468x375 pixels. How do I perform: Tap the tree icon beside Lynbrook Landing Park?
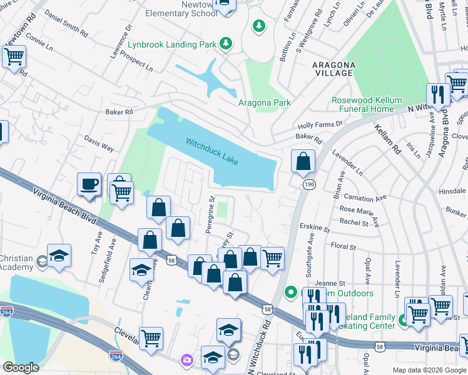(225, 44)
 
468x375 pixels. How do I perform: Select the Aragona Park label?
(265, 103)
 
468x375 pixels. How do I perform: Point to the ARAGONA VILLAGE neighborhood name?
(334, 69)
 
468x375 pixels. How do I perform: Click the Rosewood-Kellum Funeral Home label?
(372, 104)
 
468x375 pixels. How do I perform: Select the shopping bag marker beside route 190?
(303, 161)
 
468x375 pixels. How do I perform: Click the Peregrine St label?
(211, 216)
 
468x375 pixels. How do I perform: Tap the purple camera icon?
(187, 360)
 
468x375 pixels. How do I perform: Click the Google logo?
(21, 368)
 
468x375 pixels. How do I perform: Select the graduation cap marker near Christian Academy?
(59, 256)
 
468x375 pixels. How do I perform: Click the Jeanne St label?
(330, 282)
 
